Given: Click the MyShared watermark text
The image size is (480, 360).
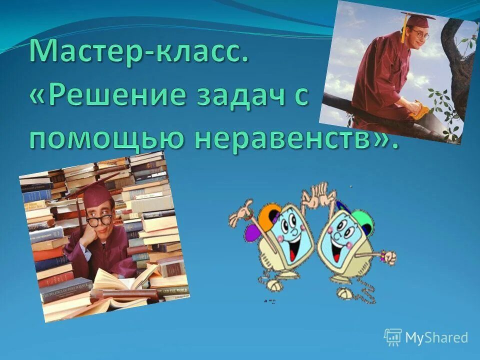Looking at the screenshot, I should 436,337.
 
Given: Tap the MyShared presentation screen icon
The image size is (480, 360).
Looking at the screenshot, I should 392,337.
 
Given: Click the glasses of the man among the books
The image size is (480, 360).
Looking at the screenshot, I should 99,220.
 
